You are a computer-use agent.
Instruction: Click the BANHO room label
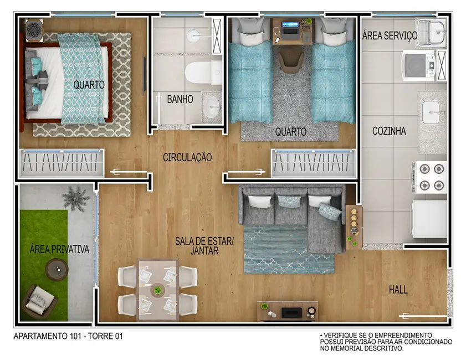tap(180, 100)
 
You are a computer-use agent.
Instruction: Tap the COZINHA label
tap(389, 131)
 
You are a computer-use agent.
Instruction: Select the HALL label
tap(398, 290)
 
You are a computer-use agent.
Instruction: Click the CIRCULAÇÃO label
tap(187, 158)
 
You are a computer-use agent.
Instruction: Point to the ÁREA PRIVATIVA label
tap(59, 250)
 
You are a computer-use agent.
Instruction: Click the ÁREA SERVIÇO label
tap(390, 36)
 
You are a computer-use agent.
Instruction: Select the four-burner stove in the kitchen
tap(431, 177)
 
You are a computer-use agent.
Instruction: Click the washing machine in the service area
tap(419, 65)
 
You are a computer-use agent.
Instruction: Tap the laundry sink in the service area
tap(431, 33)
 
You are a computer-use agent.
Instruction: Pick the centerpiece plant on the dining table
tap(158, 290)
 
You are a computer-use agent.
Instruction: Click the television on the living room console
tap(291, 312)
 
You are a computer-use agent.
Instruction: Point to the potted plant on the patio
tap(76, 197)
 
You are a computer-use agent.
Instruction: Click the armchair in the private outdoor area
tap(39, 301)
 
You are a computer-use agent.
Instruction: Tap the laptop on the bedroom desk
tap(289, 25)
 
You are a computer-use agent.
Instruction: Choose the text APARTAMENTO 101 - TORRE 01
tap(67, 336)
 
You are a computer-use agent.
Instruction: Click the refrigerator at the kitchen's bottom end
tap(428, 219)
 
